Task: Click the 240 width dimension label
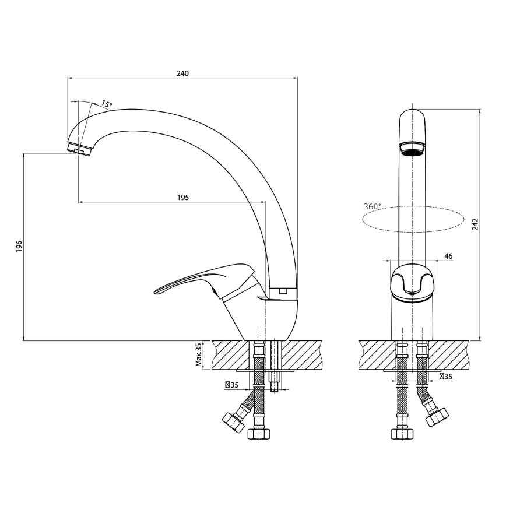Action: click(182, 73)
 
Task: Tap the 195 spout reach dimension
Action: click(183, 198)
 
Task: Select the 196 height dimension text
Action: click(19, 246)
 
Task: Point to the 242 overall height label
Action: click(475, 224)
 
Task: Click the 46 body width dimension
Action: click(448, 256)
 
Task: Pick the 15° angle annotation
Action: click(107, 104)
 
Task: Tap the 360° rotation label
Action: click(372, 206)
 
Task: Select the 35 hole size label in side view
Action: click(231, 385)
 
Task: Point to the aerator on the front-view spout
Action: click(413, 149)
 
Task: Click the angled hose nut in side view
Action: click(233, 423)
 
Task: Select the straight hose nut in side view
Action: click(259, 434)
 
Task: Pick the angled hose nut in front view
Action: click(437, 417)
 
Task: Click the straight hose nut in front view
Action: click(402, 434)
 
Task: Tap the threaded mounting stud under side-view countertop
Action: click(275, 382)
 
